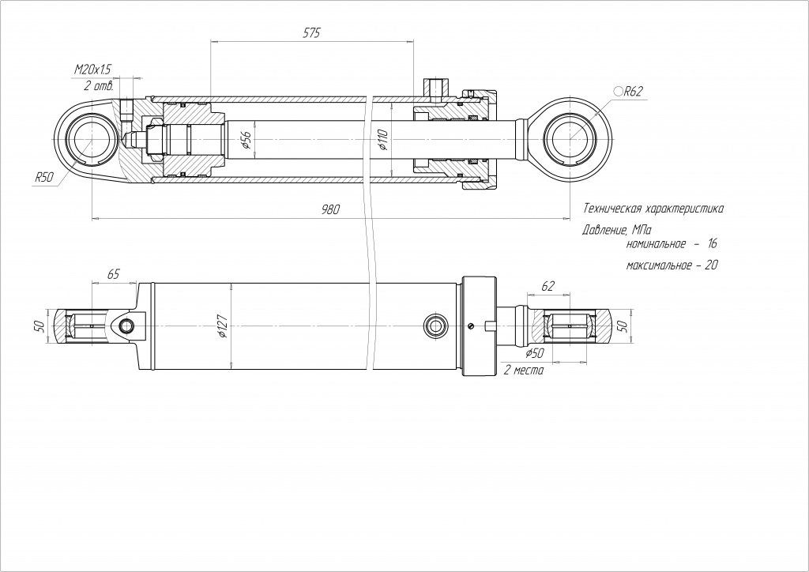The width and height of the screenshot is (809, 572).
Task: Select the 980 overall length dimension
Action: tap(330, 209)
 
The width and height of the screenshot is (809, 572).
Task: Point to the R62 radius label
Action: tap(634, 92)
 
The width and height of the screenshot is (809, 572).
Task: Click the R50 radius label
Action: tap(43, 178)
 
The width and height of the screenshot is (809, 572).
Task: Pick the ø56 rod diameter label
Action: tap(246, 140)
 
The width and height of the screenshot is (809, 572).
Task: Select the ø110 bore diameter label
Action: tap(383, 140)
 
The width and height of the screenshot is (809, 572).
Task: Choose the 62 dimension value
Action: tap(549, 284)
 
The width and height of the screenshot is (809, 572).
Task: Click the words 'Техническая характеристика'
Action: tap(653, 209)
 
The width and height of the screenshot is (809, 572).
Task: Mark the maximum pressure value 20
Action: tap(709, 265)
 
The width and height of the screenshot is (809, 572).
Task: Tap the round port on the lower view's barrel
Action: tap(434, 325)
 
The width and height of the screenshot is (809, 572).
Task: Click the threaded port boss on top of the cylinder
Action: tap(434, 87)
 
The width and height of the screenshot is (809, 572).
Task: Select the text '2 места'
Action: tap(524, 369)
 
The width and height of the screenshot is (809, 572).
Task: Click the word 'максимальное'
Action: tap(654, 265)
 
